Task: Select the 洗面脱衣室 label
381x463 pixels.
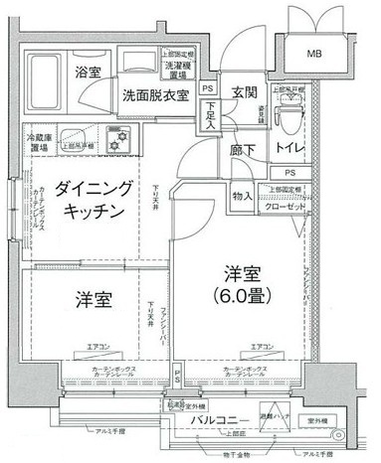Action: tap(157, 96)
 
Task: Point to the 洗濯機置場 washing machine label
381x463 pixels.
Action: tap(175, 69)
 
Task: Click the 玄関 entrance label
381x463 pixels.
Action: tap(246, 93)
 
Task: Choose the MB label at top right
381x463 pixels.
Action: tap(313, 54)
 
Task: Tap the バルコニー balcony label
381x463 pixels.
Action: tap(230, 420)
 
